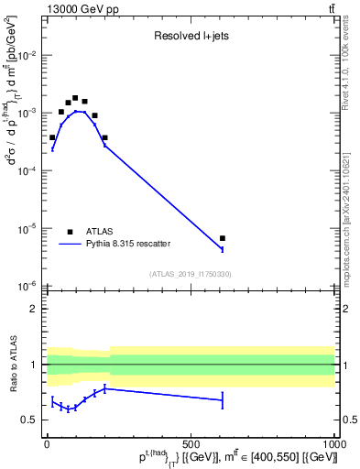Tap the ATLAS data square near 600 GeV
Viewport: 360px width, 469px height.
(223, 238)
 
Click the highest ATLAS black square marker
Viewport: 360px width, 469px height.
(75, 97)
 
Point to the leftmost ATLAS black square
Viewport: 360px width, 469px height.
(52, 137)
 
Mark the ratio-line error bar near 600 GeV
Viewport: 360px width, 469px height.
(223, 399)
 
